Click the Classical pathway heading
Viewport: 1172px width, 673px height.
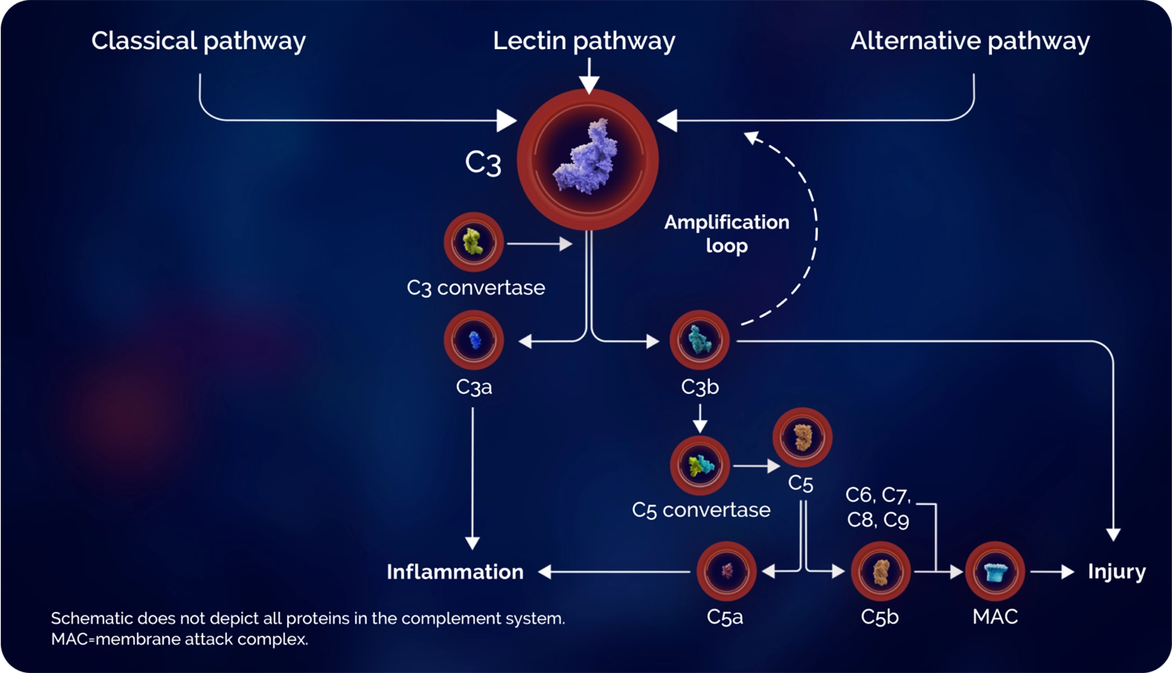click(x=198, y=41)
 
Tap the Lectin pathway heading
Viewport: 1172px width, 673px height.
click(x=584, y=41)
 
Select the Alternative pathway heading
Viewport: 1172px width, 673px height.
click(x=970, y=41)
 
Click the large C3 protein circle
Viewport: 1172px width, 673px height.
click(x=588, y=160)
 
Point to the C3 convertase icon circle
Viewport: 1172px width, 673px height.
click(x=474, y=243)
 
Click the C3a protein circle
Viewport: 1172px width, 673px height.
click(x=474, y=340)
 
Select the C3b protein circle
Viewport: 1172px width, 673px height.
click(x=700, y=340)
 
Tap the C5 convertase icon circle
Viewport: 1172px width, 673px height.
click(x=700, y=466)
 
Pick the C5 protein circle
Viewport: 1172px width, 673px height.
click(x=802, y=437)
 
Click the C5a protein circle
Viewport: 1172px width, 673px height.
click(x=727, y=571)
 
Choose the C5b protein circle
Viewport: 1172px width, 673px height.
click(x=881, y=571)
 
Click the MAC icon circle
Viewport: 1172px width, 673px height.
click(x=995, y=571)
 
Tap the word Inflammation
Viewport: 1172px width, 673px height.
click(x=455, y=572)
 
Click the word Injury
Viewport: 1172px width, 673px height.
click(x=1116, y=571)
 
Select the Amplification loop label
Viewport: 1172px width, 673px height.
click(x=727, y=234)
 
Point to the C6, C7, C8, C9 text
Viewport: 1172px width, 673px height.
click(x=878, y=507)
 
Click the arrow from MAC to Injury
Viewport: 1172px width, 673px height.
click(x=1052, y=571)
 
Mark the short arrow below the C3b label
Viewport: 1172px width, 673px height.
click(x=700, y=419)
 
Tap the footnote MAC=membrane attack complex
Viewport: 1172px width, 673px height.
click(x=180, y=639)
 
